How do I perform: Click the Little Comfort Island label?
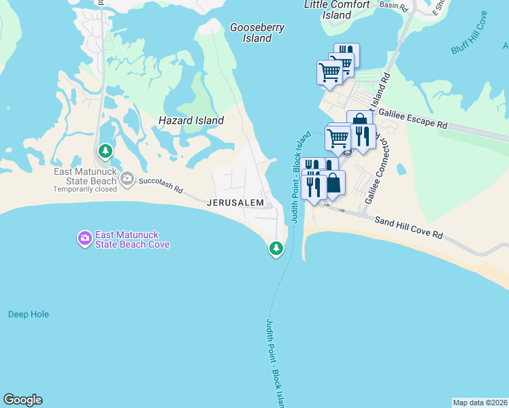coord(337,10)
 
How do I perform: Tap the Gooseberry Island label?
coord(257,33)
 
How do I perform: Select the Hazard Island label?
coord(191,120)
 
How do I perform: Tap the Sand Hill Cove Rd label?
coord(409,227)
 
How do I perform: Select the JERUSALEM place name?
coord(235,203)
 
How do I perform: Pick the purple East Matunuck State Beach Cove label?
coord(132,239)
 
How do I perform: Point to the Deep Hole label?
coord(29,314)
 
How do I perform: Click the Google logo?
coord(22,400)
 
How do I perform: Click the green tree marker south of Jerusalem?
coord(276,249)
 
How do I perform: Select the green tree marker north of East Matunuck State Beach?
coord(105,151)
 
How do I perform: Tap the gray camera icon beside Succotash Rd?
coord(127,179)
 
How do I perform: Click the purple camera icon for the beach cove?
coord(84,239)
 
